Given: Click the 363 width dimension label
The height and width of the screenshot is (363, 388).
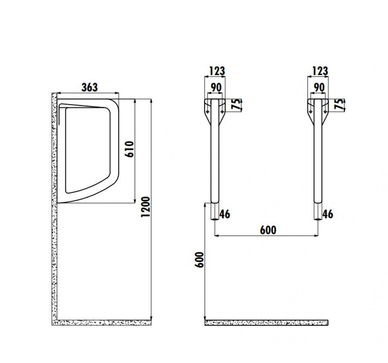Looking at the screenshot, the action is click(x=90, y=87).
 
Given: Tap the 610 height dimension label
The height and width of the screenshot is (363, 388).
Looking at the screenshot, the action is click(x=130, y=149).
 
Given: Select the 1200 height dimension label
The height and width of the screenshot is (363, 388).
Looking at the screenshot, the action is click(x=145, y=207).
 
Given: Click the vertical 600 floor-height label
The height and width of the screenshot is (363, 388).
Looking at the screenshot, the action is click(x=199, y=260).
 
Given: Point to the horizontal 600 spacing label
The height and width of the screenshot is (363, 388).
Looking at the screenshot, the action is click(x=268, y=230).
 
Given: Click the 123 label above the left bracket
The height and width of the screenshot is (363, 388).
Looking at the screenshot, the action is click(x=217, y=71).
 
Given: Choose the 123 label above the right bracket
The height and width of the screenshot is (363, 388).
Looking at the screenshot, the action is click(x=320, y=71).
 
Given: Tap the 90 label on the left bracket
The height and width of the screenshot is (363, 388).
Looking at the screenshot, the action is click(x=216, y=87).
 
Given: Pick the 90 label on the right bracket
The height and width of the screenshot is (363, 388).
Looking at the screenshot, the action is click(x=319, y=87).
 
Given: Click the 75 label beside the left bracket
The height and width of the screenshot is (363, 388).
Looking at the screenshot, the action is click(x=236, y=104).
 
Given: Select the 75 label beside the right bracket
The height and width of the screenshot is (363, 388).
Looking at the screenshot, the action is click(x=339, y=104).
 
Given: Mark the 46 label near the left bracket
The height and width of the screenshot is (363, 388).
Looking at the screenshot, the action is click(x=225, y=214).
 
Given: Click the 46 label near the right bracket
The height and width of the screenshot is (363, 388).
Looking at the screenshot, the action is click(x=327, y=214).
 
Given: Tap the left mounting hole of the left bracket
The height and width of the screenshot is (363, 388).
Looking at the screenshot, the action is click(x=208, y=112).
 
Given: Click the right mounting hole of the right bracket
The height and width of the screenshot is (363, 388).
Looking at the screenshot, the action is click(x=325, y=112).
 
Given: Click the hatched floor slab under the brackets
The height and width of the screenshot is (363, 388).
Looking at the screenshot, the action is click(x=266, y=323).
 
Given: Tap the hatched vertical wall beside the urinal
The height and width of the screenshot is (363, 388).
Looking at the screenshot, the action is click(x=54, y=208).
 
